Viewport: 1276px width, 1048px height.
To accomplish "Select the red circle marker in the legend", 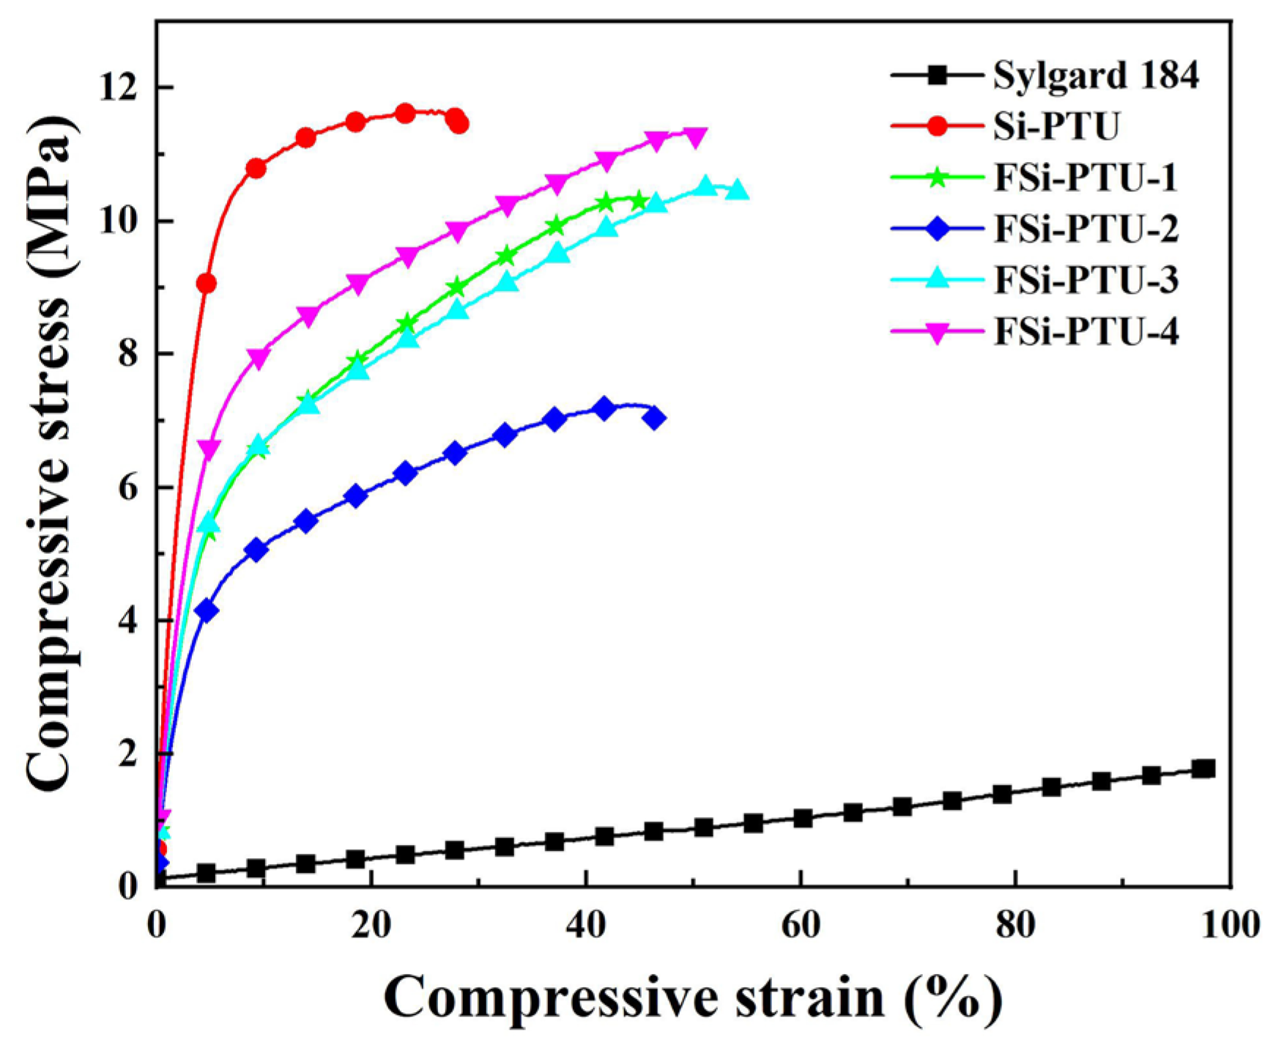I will coord(937,126).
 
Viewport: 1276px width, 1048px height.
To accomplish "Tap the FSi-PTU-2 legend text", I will coord(1086,229).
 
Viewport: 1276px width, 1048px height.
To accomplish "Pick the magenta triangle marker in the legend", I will coord(937,333).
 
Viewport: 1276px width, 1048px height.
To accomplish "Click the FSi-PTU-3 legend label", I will coord(1086,281).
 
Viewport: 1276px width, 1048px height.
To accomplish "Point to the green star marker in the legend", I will coord(937,177).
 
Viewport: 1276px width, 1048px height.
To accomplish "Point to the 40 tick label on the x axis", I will coord(586,925).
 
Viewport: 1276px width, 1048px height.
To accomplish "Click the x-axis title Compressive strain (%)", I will coord(693,997).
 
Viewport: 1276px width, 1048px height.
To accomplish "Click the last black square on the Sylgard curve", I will coord(1203,769).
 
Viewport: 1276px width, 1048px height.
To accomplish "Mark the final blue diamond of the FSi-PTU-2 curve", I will coord(655,418).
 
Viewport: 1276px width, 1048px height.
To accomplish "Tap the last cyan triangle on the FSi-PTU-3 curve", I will coord(738,190).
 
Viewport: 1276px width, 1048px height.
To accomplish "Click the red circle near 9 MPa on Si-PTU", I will coord(207,284).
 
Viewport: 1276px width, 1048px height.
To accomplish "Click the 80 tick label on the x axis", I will coord(1016,925).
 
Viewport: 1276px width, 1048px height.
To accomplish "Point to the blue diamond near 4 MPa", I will coord(207,610).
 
